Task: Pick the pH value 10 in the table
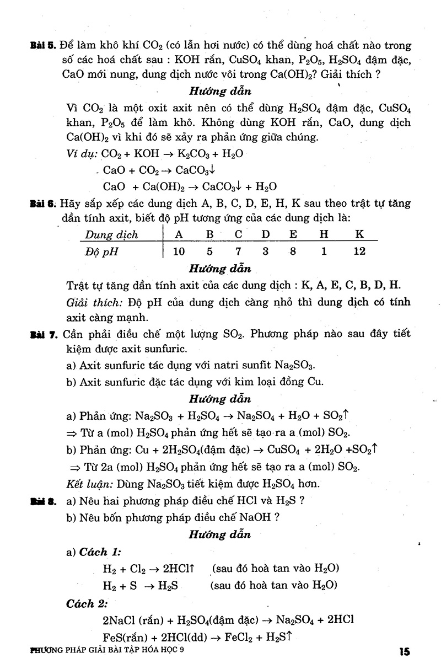pos(178,252)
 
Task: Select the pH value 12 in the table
pos(359,252)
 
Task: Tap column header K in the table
pos(359,234)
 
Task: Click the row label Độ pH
pos(102,253)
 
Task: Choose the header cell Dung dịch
pos(111,235)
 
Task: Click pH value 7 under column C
pos(238,252)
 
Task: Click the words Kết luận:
pos(89,484)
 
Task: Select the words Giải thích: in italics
pos(94,303)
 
